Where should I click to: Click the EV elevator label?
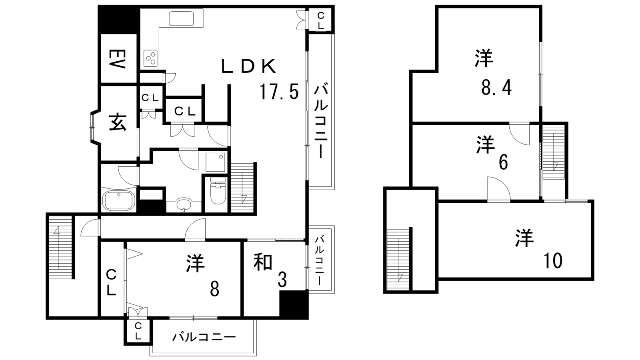pyautogui.click(x=118, y=59)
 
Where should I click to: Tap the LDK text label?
pyautogui.click(x=249, y=66)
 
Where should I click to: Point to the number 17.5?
pyautogui.click(x=279, y=92)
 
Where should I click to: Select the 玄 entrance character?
pyautogui.click(x=118, y=122)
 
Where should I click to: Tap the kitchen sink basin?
pyautogui.click(x=181, y=18)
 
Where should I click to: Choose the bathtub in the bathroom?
pyautogui.click(x=118, y=200)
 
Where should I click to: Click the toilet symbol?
pyautogui.click(x=218, y=190)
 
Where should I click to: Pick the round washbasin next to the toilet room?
pyautogui.click(x=184, y=205)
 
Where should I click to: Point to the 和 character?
pyautogui.click(x=263, y=262)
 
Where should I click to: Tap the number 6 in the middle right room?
pyautogui.click(x=503, y=163)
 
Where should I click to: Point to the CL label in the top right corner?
pyautogui.click(x=320, y=20)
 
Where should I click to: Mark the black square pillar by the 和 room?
pyautogui.click(x=294, y=305)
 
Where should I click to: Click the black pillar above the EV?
pyautogui.click(x=118, y=20)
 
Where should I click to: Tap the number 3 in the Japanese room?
pyautogui.click(x=282, y=280)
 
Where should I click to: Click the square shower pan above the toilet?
pyautogui.click(x=215, y=162)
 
